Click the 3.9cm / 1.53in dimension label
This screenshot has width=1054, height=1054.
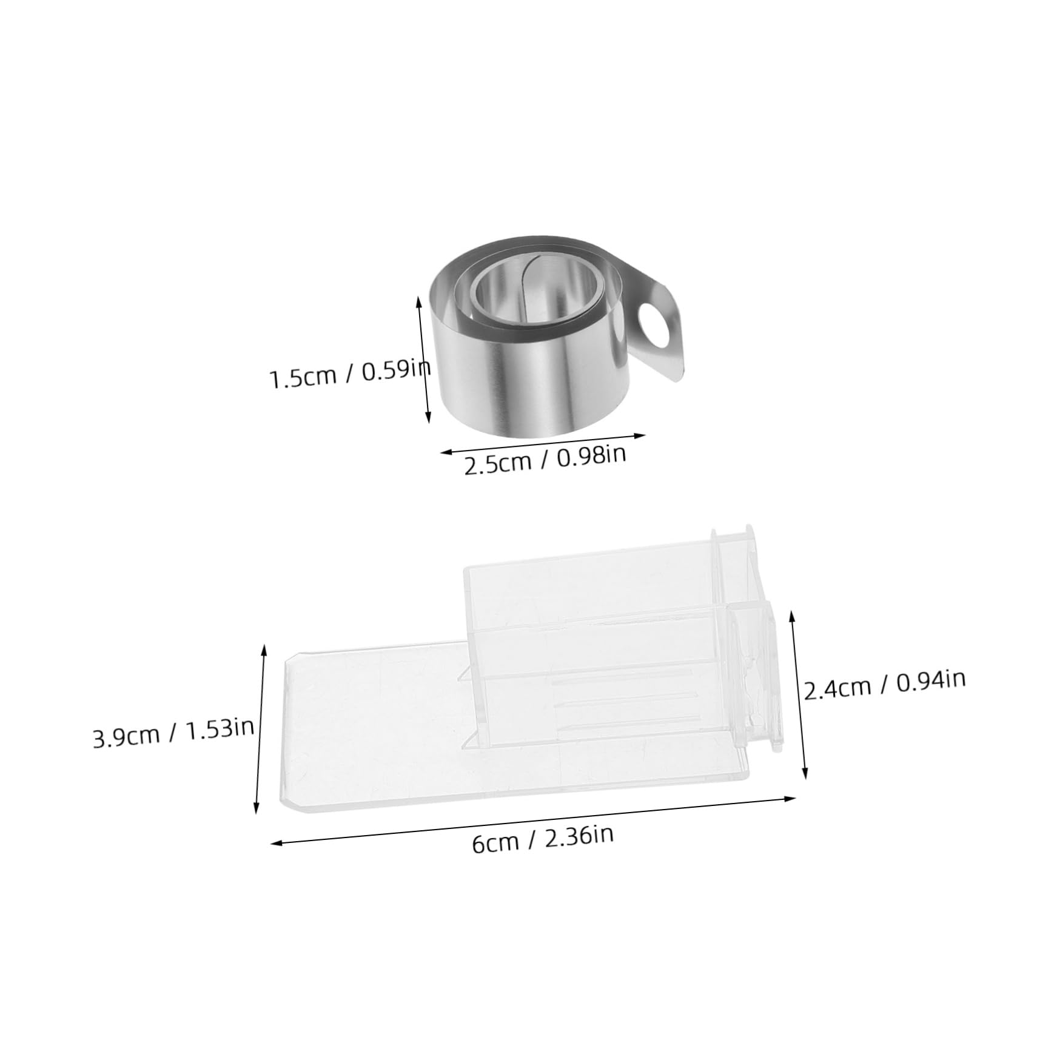coord(173,734)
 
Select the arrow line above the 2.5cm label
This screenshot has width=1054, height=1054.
coord(542,443)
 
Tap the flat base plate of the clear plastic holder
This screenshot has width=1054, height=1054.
coord(364,752)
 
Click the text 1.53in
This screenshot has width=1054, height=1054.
coord(220,730)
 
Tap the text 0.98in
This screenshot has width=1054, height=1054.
coord(591,456)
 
